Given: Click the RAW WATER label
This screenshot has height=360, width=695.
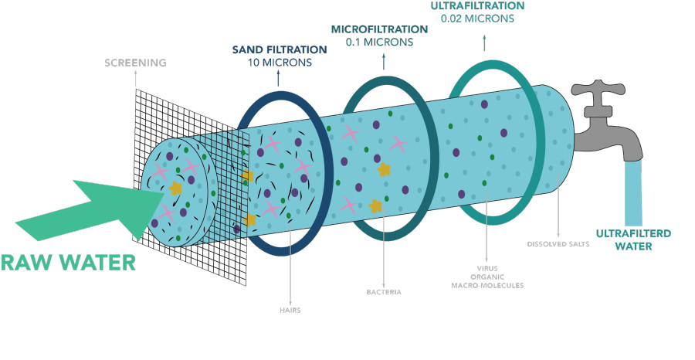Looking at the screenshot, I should pyautogui.click(x=68, y=263).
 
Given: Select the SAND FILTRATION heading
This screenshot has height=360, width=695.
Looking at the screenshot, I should pyautogui.click(x=280, y=49).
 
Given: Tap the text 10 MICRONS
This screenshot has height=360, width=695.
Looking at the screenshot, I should pyautogui.click(x=280, y=63).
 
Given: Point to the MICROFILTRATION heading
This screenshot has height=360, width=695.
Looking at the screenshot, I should pyautogui.click(x=379, y=29).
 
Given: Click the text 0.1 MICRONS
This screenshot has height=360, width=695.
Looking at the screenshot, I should pyautogui.click(x=379, y=42).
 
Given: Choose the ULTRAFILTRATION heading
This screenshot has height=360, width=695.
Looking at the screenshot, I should pyautogui.click(x=477, y=5).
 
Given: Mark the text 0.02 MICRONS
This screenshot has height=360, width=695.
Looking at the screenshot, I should pyautogui.click(x=477, y=19).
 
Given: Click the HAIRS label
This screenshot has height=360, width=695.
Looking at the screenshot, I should pyautogui.click(x=290, y=311).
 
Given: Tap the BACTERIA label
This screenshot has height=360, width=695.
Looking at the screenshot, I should pyautogui.click(x=384, y=292).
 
